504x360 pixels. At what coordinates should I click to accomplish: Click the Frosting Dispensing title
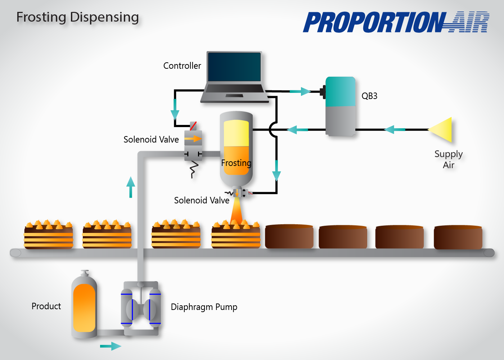78,18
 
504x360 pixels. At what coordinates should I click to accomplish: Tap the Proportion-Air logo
396,22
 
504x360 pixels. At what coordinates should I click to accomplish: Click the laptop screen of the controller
234,67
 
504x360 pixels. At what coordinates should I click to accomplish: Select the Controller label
182,66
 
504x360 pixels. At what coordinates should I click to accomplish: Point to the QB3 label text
369,96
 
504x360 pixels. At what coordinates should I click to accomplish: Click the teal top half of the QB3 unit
341,91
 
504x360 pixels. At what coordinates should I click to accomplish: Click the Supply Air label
449,159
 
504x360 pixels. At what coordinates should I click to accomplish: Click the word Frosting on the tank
236,163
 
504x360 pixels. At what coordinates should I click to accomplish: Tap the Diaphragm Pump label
204,307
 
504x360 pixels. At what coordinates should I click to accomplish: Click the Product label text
46,306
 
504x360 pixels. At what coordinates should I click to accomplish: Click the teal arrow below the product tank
111,346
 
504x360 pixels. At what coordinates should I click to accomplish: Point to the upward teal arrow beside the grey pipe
131,187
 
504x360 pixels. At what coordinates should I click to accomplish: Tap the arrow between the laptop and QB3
300,91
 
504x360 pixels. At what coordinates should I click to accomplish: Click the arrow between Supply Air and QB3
395,130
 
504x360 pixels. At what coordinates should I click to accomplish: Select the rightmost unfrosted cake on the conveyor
458,237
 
